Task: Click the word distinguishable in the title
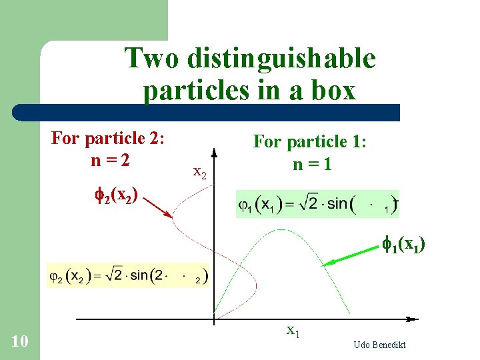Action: pos(281,59)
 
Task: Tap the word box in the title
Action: pos(333,90)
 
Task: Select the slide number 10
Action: pos(20,342)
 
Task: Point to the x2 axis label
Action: pos(199,173)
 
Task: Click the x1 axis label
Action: pos(293,330)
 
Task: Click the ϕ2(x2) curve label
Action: pos(118,195)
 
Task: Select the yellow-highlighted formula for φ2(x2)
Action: pos(127,275)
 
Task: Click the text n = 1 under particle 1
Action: pos(309,164)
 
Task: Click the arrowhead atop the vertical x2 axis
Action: pos(214,150)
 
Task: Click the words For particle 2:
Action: pos(108,139)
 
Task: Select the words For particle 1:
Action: pos(309,142)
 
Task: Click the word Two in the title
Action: pos(151,59)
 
